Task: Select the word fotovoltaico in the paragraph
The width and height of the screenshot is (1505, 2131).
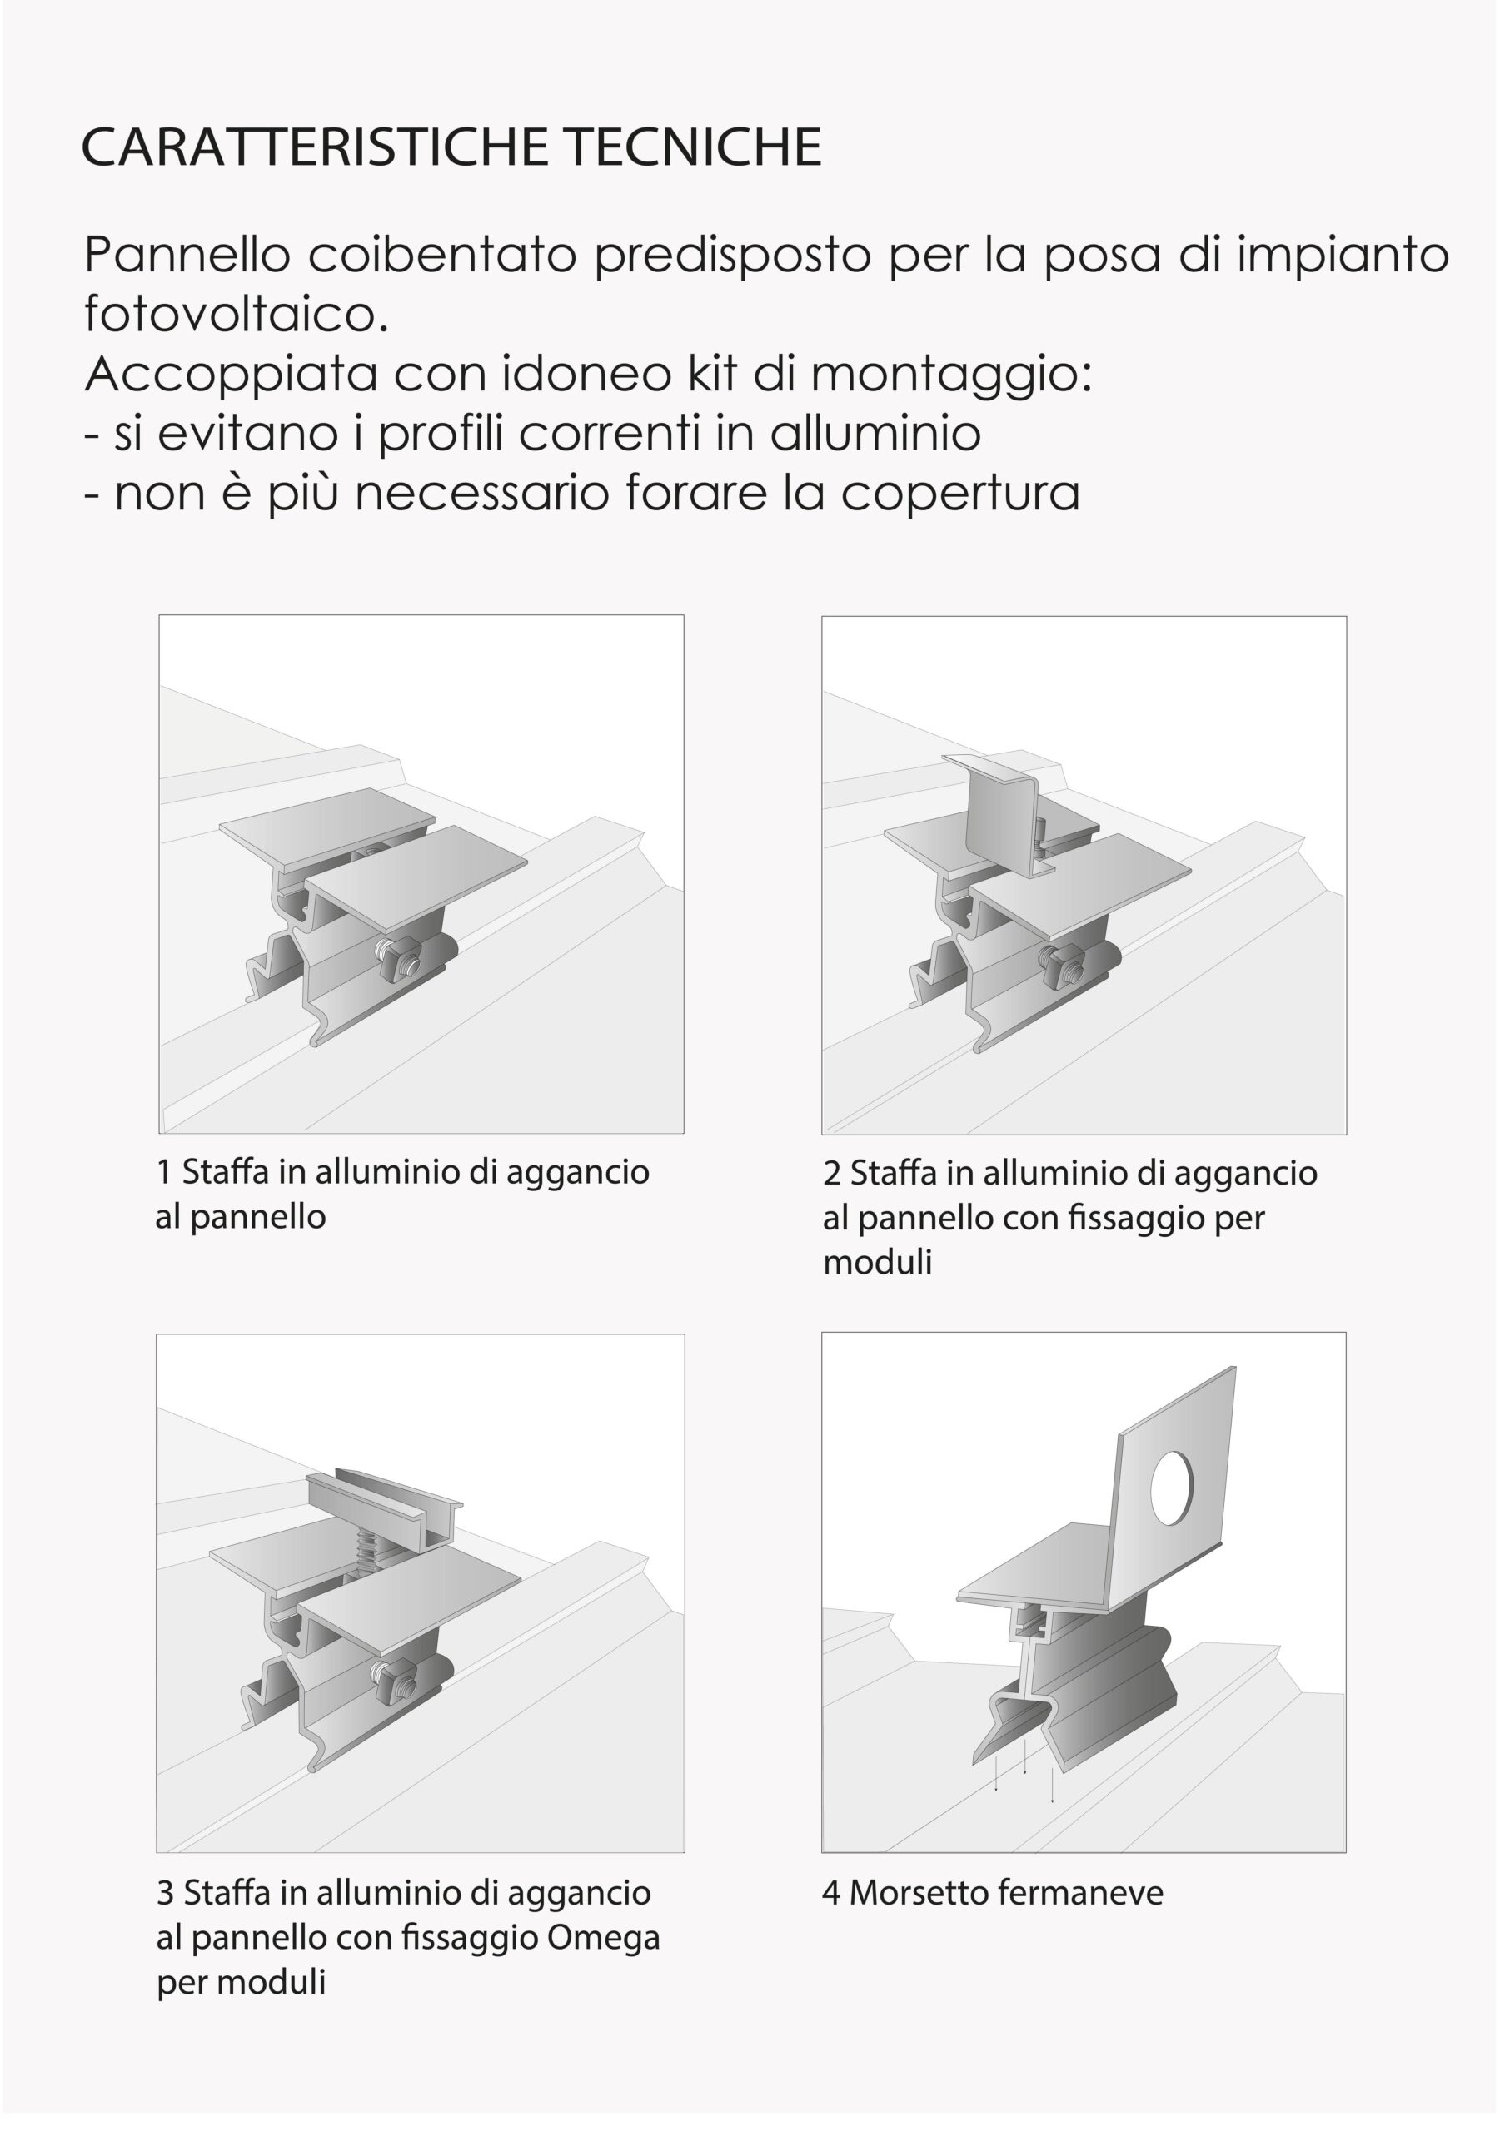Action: point(235,314)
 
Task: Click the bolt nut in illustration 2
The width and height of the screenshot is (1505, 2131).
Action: point(1064,970)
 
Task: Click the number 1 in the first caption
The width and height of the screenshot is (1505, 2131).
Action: point(163,1172)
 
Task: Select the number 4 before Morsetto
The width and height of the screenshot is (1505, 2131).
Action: point(830,1892)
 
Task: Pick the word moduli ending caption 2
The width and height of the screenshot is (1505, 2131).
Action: point(876,1262)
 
